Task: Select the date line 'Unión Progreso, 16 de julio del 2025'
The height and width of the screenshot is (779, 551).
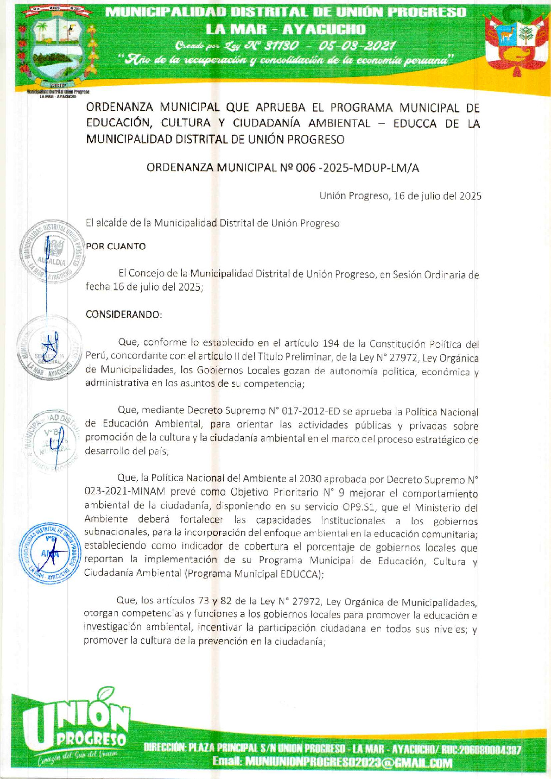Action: pos(400,196)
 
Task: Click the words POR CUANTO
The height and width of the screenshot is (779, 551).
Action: pos(116,246)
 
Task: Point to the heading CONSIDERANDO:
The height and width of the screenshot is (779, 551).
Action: pos(124,314)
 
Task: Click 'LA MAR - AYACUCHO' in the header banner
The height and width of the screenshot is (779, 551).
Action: pos(286,30)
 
